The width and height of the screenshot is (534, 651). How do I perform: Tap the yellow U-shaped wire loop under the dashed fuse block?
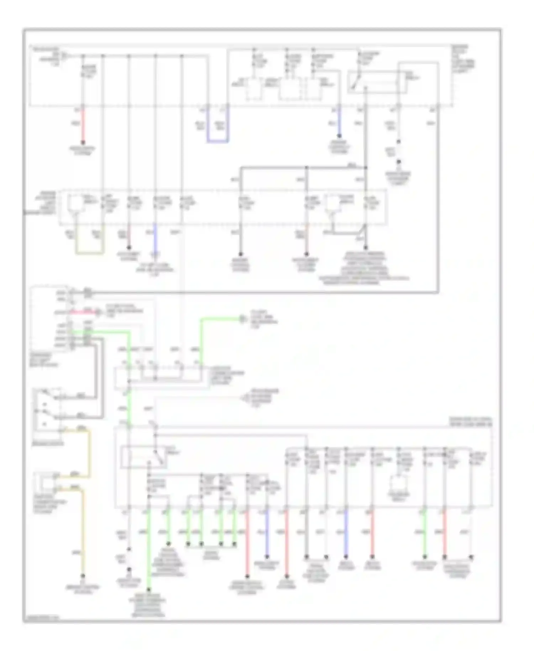click(89, 253)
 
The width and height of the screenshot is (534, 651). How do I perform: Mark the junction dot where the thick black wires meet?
click(366, 167)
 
